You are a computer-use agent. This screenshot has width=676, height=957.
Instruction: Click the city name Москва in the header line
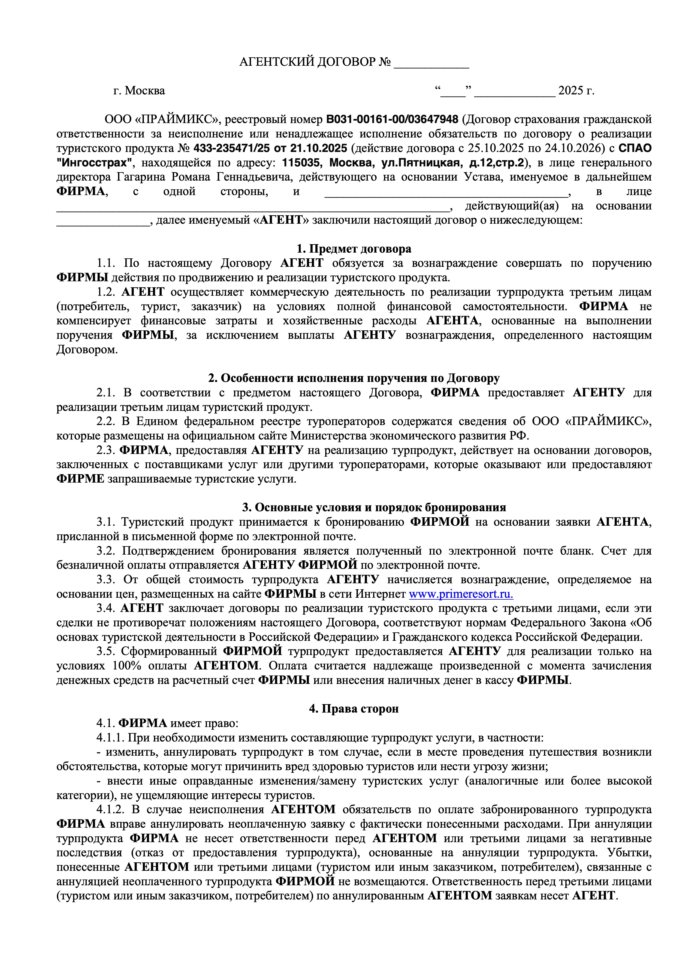coord(145,91)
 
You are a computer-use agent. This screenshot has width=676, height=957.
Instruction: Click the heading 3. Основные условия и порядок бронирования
coord(374,508)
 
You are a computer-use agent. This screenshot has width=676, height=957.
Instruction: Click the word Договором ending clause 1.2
coord(87,350)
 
